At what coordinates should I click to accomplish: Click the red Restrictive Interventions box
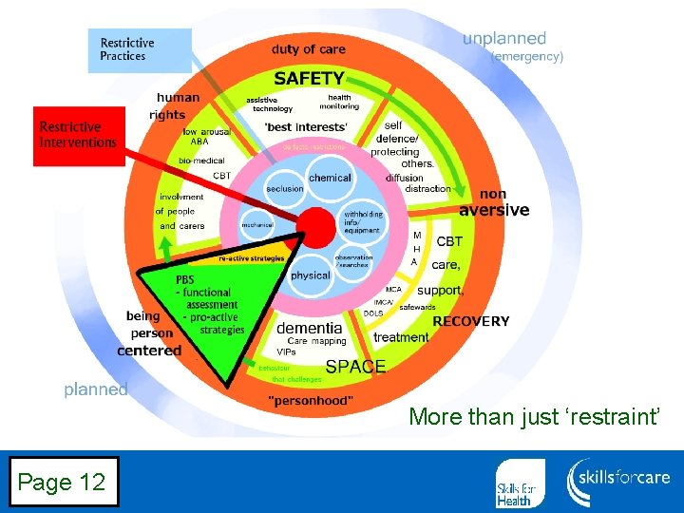point(79,135)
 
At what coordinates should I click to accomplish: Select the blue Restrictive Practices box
point(139,49)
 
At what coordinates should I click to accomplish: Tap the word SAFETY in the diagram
point(310,79)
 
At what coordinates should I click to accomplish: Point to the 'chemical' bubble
point(330,178)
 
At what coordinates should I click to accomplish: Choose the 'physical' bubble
point(310,275)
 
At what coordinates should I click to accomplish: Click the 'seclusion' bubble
point(284,189)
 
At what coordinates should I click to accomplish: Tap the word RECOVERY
point(471,321)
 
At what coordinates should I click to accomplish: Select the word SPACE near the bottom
point(355,366)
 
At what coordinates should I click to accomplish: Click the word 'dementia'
point(309,327)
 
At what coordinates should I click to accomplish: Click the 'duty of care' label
point(309,49)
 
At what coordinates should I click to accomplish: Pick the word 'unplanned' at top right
point(504,39)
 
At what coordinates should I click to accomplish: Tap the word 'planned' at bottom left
point(96,389)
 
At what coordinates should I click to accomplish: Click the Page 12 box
point(60,483)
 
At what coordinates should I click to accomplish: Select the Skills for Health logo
point(521,483)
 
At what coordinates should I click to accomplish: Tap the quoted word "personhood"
point(311,400)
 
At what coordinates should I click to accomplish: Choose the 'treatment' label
point(401,337)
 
